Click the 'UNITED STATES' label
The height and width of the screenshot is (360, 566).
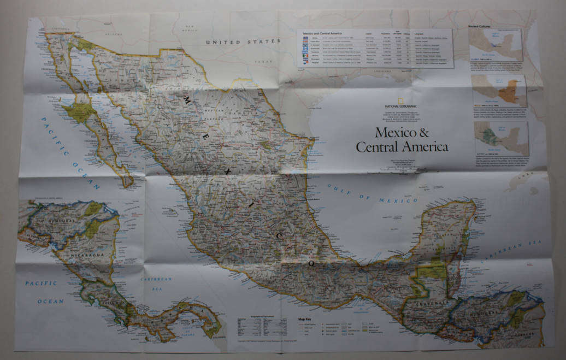click(x=243, y=42)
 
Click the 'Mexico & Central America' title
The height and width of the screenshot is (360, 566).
click(x=402, y=140)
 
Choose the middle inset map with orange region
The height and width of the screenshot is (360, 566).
click(x=499, y=91)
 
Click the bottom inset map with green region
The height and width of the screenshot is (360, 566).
click(x=501, y=138)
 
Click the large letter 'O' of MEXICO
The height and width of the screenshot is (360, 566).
click(x=311, y=263)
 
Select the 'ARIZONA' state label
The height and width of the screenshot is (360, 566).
click(x=113, y=34)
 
